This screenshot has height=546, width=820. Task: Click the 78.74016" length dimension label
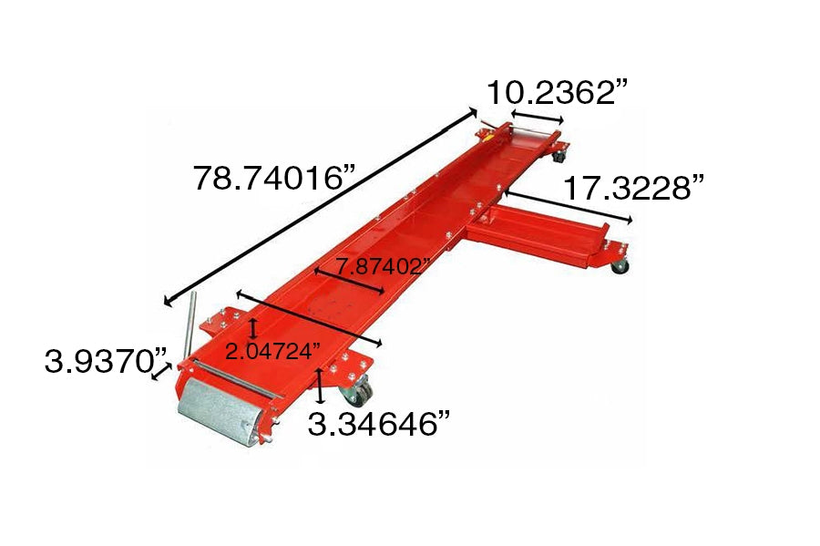pyautogui.click(x=272, y=176)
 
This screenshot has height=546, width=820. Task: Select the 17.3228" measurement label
pyautogui.click(x=634, y=189)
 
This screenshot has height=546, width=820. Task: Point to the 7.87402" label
pyautogui.click(x=382, y=267)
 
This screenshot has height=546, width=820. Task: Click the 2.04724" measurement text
pyautogui.click(x=272, y=349)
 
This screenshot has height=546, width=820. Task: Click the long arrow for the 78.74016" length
pyautogui.click(x=319, y=207)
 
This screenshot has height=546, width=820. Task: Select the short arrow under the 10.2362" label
pyautogui.click(x=537, y=118)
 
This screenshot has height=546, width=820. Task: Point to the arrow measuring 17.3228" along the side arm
pyautogui.click(x=566, y=206)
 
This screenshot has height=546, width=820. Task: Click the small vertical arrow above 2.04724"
pyautogui.click(x=252, y=328)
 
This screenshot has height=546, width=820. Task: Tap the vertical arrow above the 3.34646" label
pyautogui.click(x=320, y=386)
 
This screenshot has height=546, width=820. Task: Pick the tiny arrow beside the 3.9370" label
pyautogui.click(x=162, y=372)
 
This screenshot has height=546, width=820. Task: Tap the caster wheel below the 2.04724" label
pyautogui.click(x=355, y=393)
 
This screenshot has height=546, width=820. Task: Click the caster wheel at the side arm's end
pyautogui.click(x=619, y=265)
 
